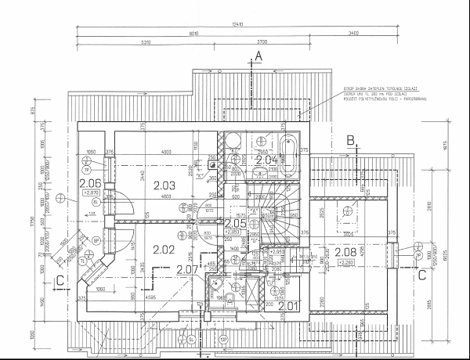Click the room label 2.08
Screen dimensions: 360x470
[x=345, y=252]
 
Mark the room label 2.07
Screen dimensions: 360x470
[x=187, y=269]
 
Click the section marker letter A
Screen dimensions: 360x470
[x=258, y=56]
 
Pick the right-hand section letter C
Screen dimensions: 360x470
[x=421, y=274]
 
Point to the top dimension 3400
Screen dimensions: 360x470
[x=353, y=33]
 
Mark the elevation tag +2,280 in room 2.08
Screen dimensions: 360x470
[x=347, y=263]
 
